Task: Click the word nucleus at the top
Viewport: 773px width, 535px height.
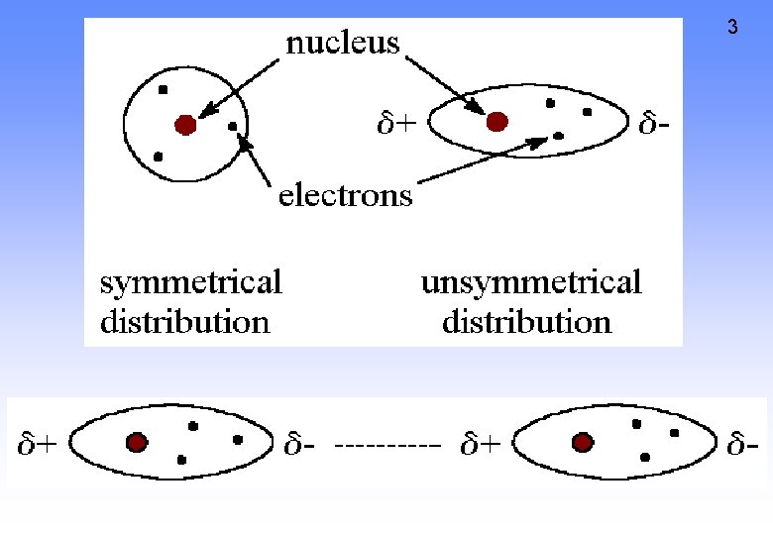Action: click(343, 43)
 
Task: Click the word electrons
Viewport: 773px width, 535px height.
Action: click(346, 195)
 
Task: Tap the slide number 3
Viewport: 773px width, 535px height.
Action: click(732, 28)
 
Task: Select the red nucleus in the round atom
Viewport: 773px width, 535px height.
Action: click(184, 124)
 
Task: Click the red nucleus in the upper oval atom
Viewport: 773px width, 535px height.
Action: click(497, 121)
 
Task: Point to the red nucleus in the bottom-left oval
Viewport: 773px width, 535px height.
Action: click(136, 443)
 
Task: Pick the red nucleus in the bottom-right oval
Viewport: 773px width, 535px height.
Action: click(582, 442)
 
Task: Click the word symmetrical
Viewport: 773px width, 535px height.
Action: click(191, 282)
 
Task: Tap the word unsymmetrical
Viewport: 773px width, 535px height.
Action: click(531, 282)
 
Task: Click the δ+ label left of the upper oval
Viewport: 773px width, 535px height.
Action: click(395, 125)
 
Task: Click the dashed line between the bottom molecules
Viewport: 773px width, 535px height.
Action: click(387, 446)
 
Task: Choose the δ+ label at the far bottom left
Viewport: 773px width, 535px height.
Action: click(37, 445)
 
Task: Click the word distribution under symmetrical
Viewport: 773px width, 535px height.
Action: click(184, 322)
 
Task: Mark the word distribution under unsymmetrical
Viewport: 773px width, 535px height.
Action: click(526, 322)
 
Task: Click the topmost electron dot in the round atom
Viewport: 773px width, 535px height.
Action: click(163, 90)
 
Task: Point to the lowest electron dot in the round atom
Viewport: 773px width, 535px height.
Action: click(158, 157)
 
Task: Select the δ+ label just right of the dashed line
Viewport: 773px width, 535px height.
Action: click(480, 445)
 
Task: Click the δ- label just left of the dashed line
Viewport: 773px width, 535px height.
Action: click(301, 445)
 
